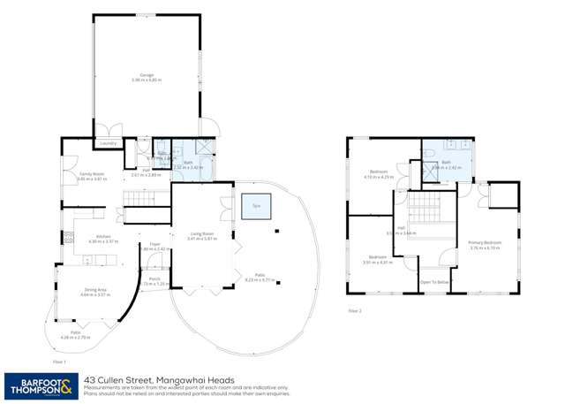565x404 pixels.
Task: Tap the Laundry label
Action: pyautogui.click(x=109, y=142)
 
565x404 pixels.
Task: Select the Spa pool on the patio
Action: pyautogui.click(x=257, y=206)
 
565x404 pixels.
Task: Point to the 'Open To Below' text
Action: pyautogui.click(x=435, y=283)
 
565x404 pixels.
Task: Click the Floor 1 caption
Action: pyautogui.click(x=59, y=361)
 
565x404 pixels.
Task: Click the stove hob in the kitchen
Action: pyautogui.click(x=69, y=237)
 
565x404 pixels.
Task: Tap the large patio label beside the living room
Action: pyautogui.click(x=259, y=277)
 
